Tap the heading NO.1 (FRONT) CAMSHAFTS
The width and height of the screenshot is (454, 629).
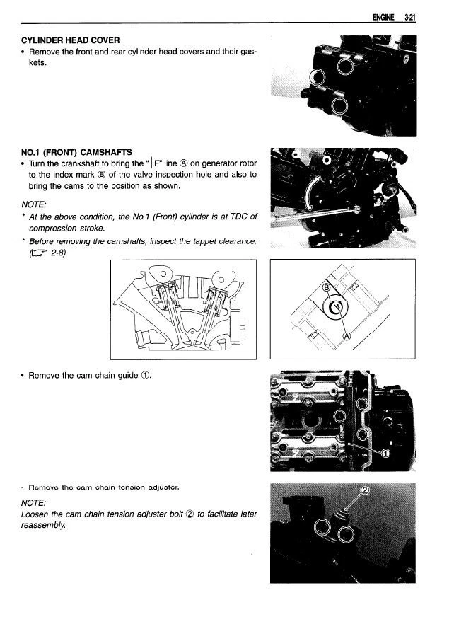pyautogui.click(x=76, y=152)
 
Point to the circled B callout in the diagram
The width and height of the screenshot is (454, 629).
pyautogui.click(x=327, y=287)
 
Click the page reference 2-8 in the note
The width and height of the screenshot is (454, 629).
pyautogui.click(x=51, y=253)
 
